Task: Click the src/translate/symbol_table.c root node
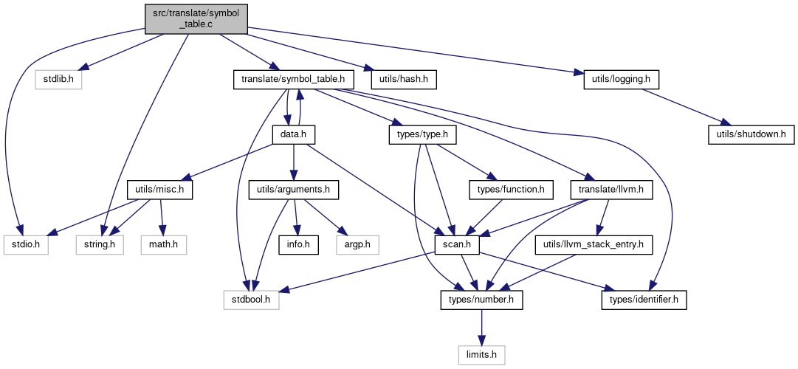click(x=196, y=19)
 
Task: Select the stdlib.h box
click(x=58, y=80)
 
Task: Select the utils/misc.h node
click(x=159, y=190)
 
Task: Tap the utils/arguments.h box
click(x=294, y=190)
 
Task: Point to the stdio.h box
click(x=25, y=245)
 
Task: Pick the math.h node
click(x=164, y=245)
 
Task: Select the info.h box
click(x=297, y=245)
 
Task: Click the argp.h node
click(x=358, y=245)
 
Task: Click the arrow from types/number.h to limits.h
click(x=482, y=328)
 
